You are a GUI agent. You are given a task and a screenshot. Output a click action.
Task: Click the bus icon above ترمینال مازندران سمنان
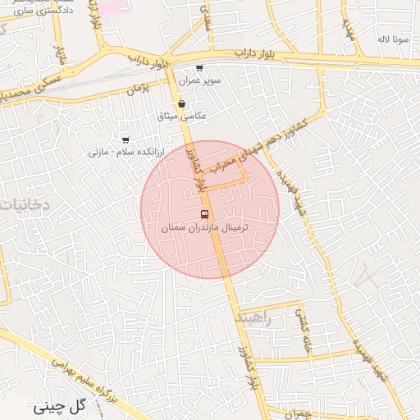[x=204, y=213]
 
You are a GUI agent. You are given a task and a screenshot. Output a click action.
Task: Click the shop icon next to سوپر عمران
[x=199, y=69]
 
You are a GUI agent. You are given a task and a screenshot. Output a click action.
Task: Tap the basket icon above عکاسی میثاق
[x=181, y=104]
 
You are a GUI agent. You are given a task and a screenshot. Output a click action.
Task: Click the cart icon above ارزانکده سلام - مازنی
[x=126, y=139]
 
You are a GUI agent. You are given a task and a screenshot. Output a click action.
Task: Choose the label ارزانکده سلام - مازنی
[x=127, y=153]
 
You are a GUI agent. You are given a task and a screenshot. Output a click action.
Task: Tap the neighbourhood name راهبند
[x=250, y=317]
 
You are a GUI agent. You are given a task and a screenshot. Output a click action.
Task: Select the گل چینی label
[x=60, y=406]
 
